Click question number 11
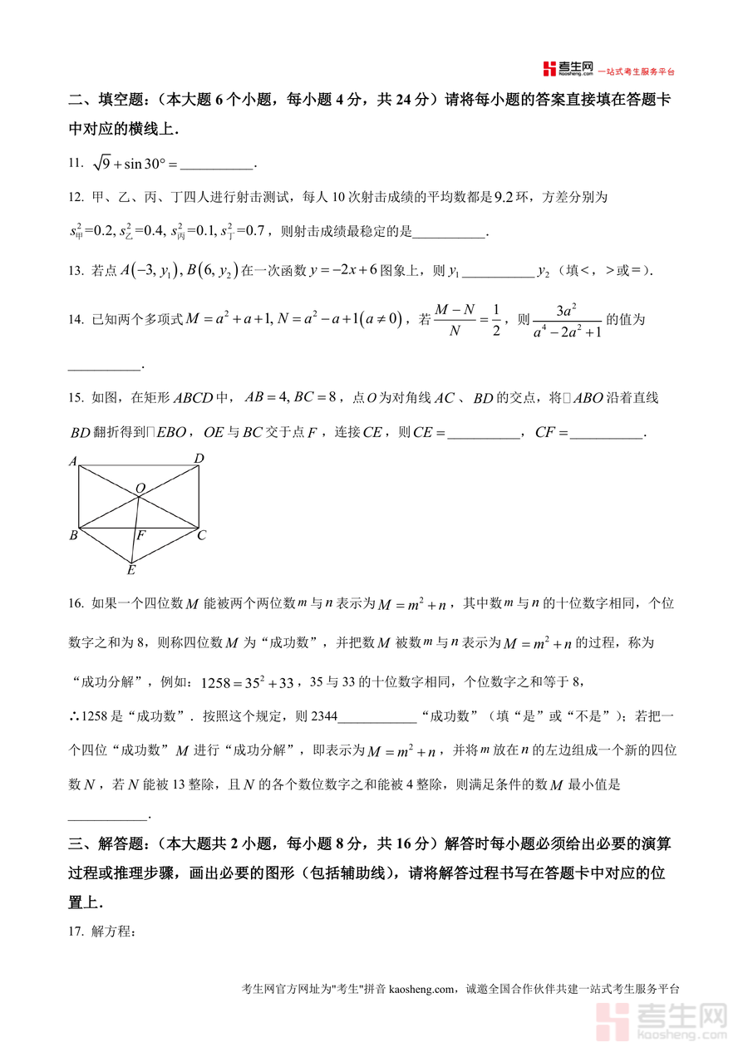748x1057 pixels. [76, 164]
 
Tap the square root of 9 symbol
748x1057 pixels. [101, 163]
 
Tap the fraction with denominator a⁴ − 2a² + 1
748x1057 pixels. [568, 321]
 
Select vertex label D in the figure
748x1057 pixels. [199, 459]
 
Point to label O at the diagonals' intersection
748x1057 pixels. [140, 488]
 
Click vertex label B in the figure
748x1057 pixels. [73, 536]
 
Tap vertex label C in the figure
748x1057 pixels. [201, 536]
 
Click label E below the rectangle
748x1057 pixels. [130, 570]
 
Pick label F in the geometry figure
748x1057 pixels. [141, 536]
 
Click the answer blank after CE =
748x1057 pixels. [483, 433]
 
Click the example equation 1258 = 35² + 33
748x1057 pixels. [248, 683]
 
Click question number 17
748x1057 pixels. [76, 932]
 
